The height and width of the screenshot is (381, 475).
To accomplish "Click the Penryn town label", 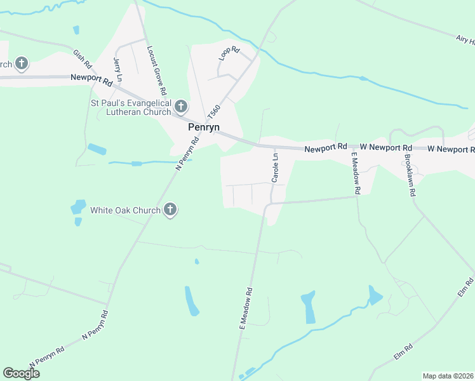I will coord(204,127).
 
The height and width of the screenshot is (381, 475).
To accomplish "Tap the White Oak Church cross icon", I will coord(170,209).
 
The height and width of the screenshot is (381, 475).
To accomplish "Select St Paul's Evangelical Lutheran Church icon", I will coord(181,105).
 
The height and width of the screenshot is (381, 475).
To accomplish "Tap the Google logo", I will coord(22,373).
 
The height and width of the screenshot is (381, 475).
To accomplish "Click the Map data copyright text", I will coord(448,376).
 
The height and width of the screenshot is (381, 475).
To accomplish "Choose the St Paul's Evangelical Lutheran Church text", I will coord(131,107).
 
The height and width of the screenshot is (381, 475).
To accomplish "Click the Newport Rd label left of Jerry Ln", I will coord(91,79).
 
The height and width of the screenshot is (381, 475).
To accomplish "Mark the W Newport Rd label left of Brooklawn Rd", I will coord(380,148).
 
